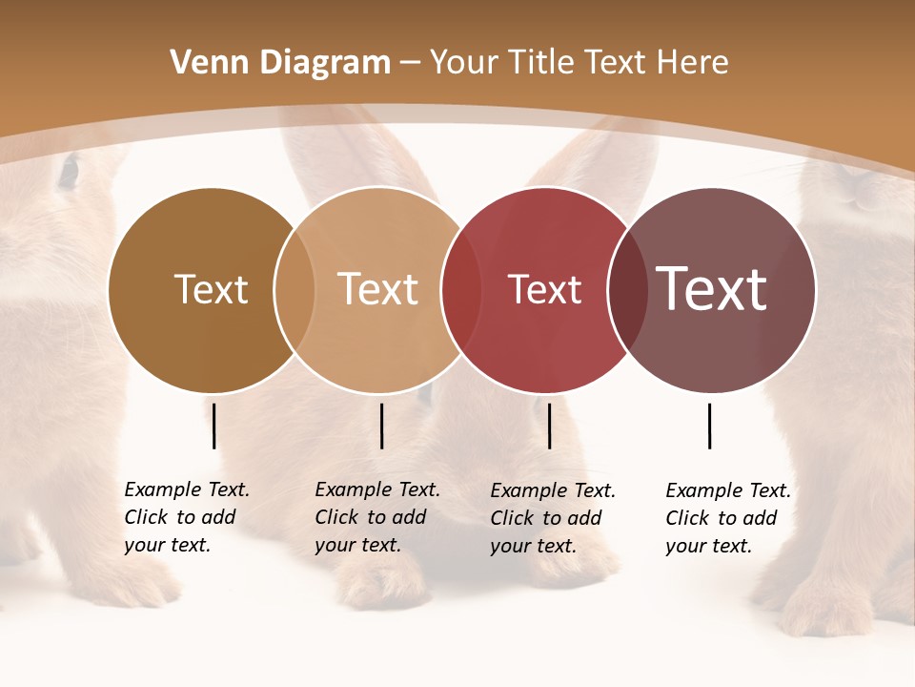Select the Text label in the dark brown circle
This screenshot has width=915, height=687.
coord(211,289)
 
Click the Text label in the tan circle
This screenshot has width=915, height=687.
coord(378,289)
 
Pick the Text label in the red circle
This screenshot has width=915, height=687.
coord(544,289)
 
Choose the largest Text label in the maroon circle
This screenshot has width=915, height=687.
coord(712,289)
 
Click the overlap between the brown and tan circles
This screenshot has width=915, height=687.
coord(295,289)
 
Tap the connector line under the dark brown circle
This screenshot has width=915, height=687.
coord(214,426)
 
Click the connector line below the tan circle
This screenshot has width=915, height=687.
coord(381,426)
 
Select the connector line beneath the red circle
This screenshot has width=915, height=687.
coord(550,426)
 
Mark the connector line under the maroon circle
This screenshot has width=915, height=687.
coord(710,426)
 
